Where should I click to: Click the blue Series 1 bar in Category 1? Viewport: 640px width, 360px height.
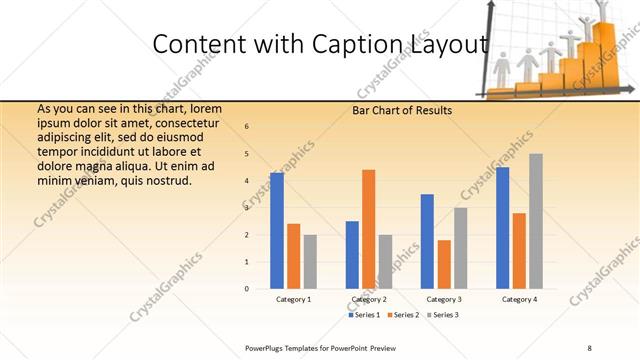click(x=277, y=230)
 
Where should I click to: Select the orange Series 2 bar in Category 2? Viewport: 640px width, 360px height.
click(x=368, y=229)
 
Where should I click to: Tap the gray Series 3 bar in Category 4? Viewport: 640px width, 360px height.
click(x=535, y=221)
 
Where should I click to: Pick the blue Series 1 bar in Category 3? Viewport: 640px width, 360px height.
click(x=427, y=241)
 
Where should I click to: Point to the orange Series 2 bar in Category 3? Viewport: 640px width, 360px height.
click(x=443, y=264)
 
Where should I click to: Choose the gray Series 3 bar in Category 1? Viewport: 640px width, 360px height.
click(x=310, y=261)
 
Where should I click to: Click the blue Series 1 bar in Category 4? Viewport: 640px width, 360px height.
click(x=502, y=227)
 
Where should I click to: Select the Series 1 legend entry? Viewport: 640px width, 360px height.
click(x=365, y=315)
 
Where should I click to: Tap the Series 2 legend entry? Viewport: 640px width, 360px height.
click(x=402, y=315)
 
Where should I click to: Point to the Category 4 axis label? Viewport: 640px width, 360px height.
click(x=519, y=299)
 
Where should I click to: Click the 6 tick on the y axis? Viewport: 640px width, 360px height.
click(x=247, y=126)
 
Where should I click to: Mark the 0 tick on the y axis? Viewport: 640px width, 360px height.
click(x=247, y=289)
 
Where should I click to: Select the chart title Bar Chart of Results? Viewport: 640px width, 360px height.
click(x=402, y=110)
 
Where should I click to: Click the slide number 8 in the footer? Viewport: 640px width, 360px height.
click(x=590, y=346)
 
